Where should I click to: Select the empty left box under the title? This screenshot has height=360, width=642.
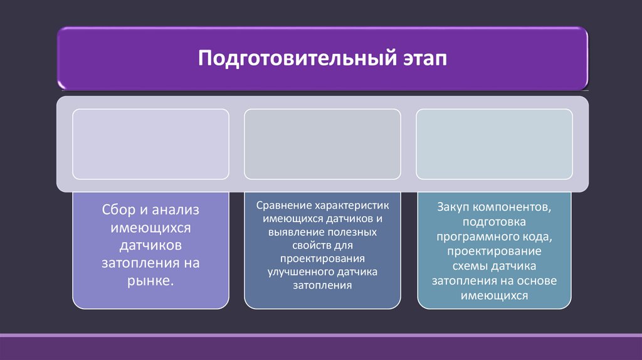coord(150,144)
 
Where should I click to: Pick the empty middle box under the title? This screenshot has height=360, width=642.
coord(322,144)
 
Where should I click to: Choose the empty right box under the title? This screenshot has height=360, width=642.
coord(494,144)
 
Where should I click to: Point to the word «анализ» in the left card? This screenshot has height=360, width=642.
coord(175,210)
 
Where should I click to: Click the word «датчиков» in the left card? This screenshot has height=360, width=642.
coord(150,245)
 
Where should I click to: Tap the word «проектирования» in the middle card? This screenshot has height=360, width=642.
coord(322,258)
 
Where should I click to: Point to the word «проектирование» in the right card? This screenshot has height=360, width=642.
coord(495,251)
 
